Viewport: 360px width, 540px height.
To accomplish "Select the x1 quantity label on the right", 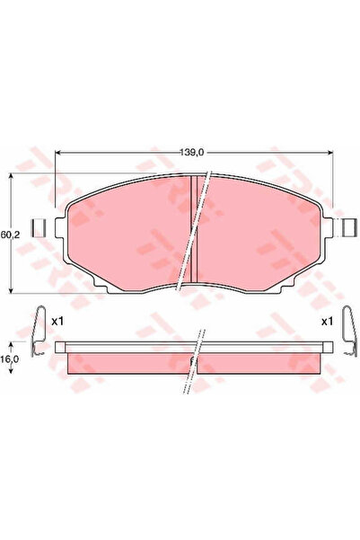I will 328,321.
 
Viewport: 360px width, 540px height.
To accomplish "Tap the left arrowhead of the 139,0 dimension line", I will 59,152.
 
